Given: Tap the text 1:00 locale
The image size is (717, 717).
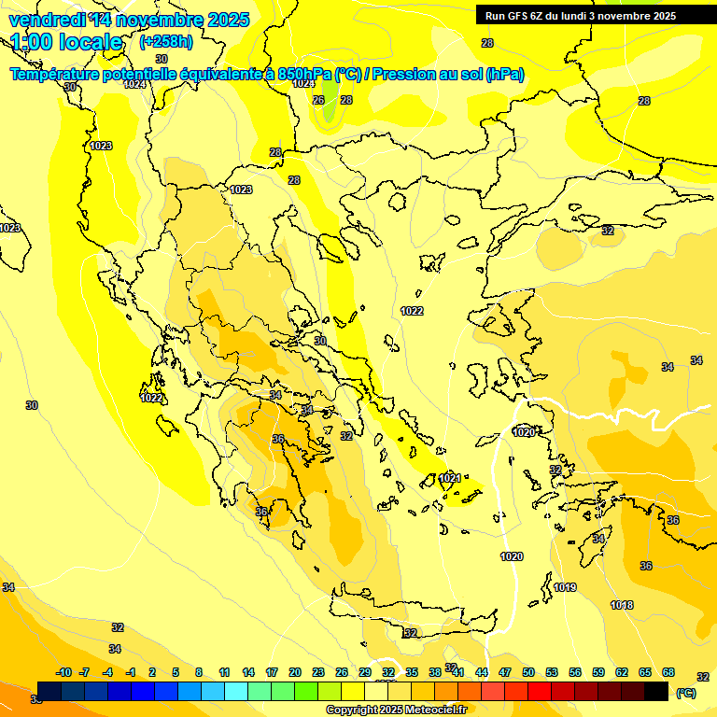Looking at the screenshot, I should [x=67, y=42].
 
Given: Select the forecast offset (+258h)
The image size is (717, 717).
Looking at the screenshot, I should [x=166, y=42].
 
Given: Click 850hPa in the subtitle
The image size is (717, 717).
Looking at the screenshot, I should [x=304, y=75].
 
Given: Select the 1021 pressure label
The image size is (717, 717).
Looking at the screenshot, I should [x=450, y=478].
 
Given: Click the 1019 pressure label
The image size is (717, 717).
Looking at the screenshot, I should [x=565, y=587].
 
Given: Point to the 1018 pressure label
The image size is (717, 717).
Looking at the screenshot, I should [x=622, y=605].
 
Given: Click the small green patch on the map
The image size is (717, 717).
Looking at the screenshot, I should [x=330, y=114].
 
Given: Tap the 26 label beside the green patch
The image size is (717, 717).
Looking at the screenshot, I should [x=318, y=100].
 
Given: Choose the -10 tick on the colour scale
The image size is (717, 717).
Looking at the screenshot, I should [x=63, y=672].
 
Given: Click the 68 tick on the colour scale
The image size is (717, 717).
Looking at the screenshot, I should [x=668, y=672].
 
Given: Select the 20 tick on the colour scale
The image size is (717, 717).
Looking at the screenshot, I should [x=295, y=672].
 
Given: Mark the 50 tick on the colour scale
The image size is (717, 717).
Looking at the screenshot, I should [x=528, y=672].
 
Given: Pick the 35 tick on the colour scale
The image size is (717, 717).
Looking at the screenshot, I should [x=412, y=672].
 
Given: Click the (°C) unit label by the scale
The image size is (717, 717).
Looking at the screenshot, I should [x=686, y=693].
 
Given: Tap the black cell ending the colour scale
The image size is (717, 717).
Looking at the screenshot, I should [x=656, y=692].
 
